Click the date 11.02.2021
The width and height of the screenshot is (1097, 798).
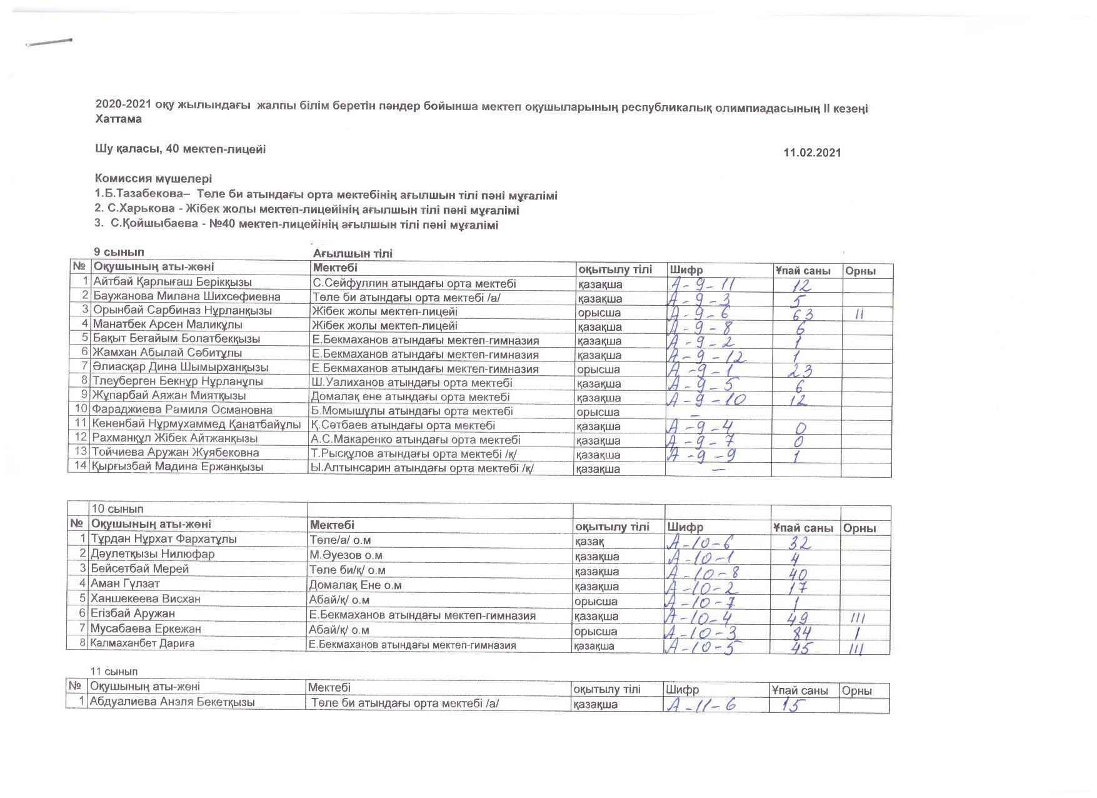pyautogui.click(x=812, y=153)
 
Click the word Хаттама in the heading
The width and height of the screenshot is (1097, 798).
pyautogui.click(x=118, y=119)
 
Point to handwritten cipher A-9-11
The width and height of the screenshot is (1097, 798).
pyautogui.click(x=702, y=285)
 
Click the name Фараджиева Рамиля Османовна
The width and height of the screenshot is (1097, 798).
pyautogui.click(x=182, y=411)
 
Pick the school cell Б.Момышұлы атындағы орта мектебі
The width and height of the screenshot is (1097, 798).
pyautogui.click(x=412, y=412)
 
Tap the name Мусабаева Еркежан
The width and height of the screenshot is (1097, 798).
pyautogui.click(x=146, y=629)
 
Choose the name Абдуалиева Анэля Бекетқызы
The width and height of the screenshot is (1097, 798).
pyautogui.click(x=172, y=702)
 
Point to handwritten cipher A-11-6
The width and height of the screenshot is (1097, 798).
pyautogui.click(x=701, y=705)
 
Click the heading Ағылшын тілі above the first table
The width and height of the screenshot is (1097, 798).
pyautogui.click(x=353, y=253)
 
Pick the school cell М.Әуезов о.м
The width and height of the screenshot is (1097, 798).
pyautogui.click(x=346, y=555)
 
